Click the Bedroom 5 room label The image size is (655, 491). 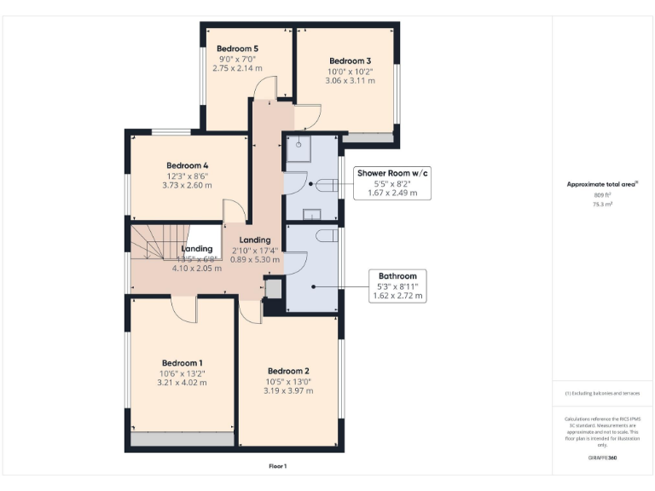point(237,49)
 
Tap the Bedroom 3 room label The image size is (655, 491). point(351,61)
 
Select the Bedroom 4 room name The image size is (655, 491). point(188,165)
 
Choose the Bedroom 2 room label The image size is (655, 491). point(288,371)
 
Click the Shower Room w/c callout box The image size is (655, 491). point(392,183)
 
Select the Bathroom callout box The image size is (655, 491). point(397,286)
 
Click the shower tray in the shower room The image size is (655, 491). point(299,147)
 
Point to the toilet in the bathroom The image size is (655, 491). point(324,234)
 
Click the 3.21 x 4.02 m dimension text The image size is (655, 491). point(181,383)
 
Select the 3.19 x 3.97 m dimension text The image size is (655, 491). point(288,391)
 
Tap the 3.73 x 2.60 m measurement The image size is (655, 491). point(188,186)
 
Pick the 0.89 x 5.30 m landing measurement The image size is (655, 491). point(255,259)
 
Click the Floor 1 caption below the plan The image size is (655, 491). point(277,466)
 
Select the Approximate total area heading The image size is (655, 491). point(602,184)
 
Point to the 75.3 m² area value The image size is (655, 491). point(602,205)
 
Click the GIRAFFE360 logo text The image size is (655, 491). point(602,459)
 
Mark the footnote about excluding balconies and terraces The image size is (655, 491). point(602,393)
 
